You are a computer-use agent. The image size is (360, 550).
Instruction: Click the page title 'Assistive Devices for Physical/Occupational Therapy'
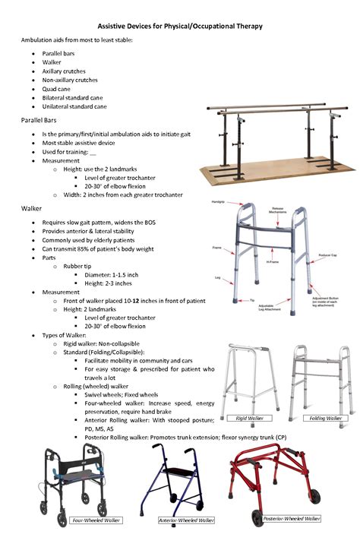[180, 26]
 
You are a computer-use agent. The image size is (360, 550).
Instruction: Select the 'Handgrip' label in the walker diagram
[218, 202]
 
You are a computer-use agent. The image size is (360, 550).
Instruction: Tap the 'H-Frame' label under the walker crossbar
[272, 262]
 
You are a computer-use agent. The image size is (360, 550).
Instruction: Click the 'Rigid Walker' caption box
[244, 418]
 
